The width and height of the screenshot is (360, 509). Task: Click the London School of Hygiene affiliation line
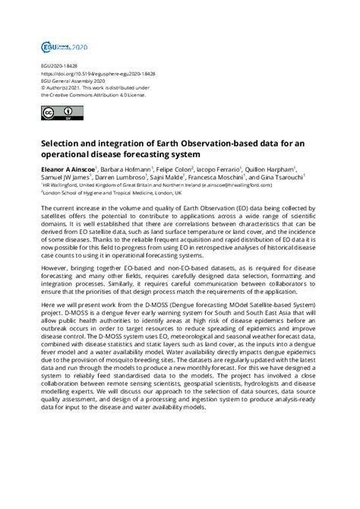click(x=114, y=194)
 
